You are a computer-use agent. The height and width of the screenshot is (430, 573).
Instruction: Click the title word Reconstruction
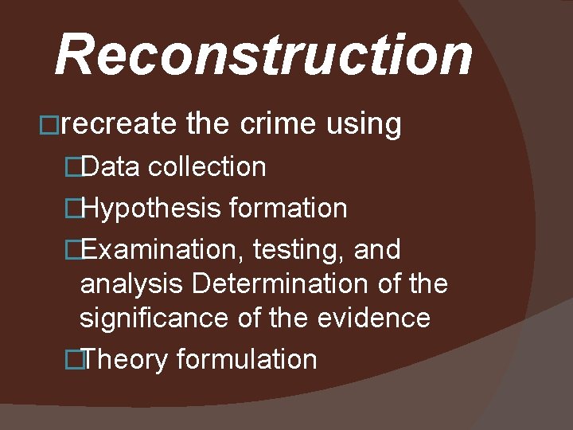tap(263, 55)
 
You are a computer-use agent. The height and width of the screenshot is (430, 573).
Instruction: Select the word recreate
tap(119, 124)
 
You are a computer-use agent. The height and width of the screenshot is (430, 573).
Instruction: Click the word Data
tap(111, 166)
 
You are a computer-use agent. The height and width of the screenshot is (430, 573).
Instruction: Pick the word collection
tap(207, 166)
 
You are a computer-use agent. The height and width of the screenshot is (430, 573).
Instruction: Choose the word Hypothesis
tap(150, 209)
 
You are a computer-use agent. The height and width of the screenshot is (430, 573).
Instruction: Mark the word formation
tap(288, 209)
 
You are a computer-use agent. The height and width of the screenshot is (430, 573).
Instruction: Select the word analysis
tap(132, 284)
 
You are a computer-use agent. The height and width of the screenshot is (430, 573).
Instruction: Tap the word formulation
tap(247, 359)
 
